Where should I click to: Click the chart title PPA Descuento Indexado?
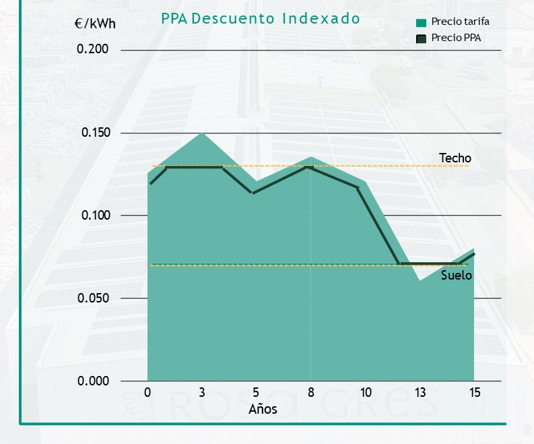[261, 18]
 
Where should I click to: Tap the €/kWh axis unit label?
[95, 24]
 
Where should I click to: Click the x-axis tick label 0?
[147, 393]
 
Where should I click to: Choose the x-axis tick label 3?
[202, 393]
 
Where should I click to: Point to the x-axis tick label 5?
[256, 393]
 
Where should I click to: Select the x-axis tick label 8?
[310, 393]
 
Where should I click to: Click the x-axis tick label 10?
[366, 393]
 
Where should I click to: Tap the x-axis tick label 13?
[420, 393]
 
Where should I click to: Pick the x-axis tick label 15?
[474, 393]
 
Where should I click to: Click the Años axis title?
[263, 409]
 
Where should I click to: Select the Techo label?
[455, 158]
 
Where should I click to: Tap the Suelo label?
[457, 276]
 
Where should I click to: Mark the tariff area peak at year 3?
[202, 133]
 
